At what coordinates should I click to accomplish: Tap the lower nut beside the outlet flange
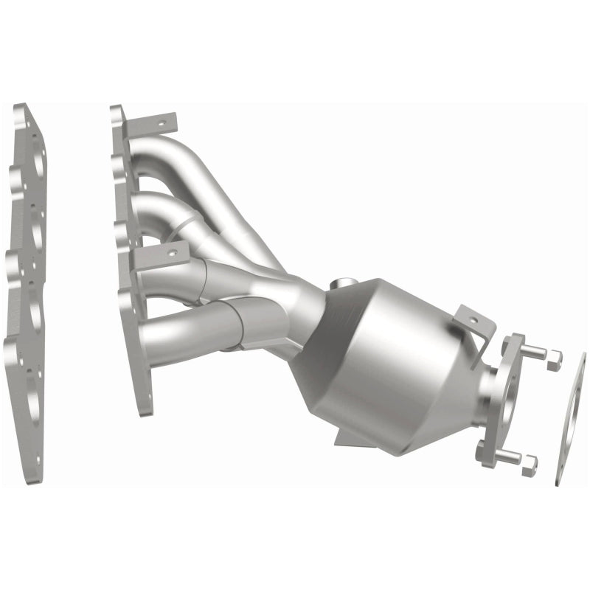pyautogui.click(x=528, y=462)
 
